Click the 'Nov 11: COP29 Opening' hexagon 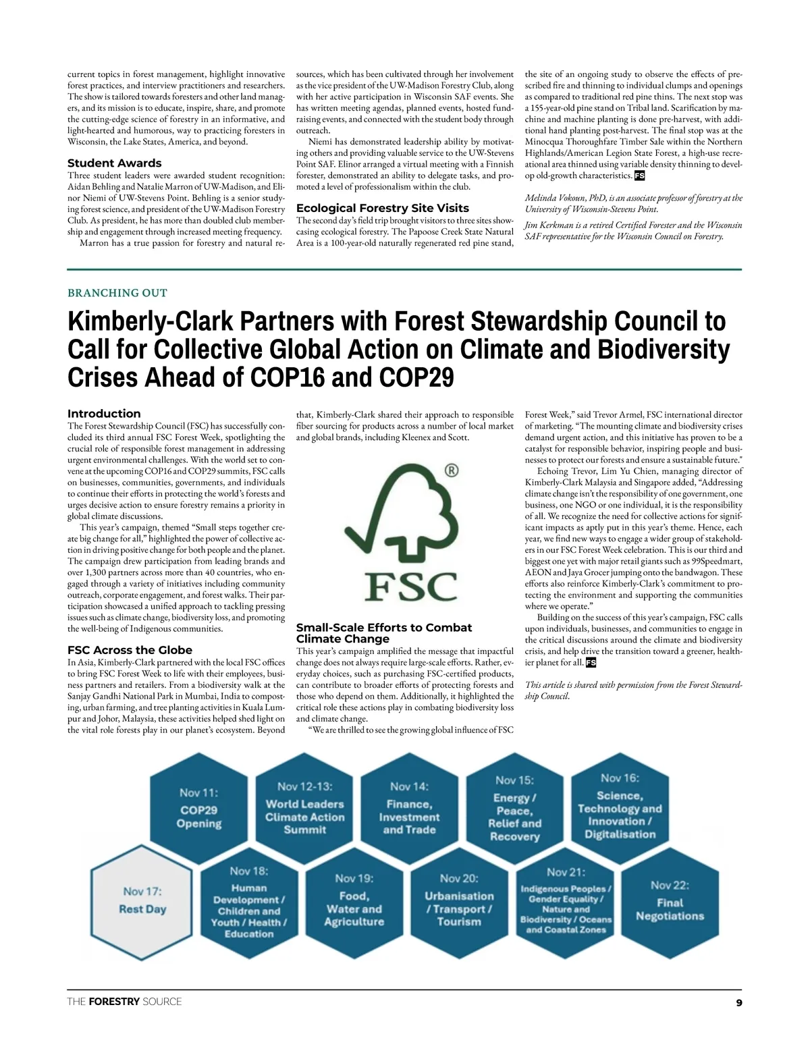199,808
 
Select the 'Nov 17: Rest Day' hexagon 142,900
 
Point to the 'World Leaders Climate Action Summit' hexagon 304,808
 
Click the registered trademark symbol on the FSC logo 452,470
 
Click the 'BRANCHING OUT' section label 117,293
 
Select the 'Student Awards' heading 115,163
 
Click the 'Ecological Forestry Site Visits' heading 383,208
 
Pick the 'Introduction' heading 104,413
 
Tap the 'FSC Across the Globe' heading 130,650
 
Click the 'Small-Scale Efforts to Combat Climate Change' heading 384,633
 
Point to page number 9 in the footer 739,1003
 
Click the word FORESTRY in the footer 114,1002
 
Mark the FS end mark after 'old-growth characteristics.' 639,175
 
